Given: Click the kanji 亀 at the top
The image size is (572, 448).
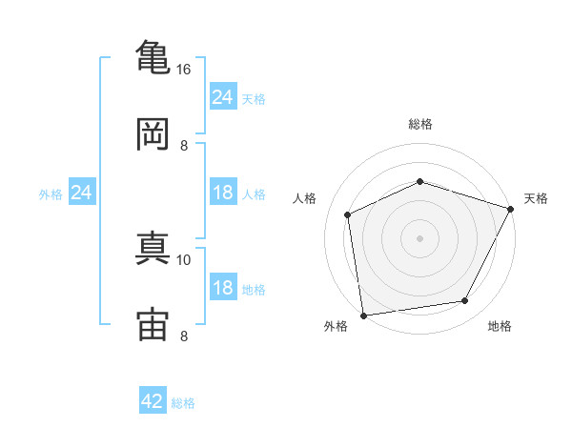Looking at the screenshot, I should (153, 57).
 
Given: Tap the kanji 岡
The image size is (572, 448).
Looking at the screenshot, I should (153, 133).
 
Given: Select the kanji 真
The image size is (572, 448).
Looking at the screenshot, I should (153, 247).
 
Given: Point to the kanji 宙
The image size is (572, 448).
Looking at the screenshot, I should (153, 324).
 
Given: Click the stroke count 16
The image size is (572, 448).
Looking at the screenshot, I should (184, 70).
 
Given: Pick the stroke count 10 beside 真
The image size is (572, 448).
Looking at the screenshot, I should (184, 259).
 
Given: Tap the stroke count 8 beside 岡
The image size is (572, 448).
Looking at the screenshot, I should (184, 146).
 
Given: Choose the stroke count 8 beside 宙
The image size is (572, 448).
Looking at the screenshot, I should (184, 336).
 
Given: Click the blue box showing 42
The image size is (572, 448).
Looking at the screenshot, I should (153, 401).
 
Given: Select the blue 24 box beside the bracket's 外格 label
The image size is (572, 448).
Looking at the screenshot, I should (82, 193).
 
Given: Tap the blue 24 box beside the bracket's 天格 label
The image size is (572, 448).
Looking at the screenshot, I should (222, 97).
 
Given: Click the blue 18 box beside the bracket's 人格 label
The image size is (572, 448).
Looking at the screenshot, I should (222, 193).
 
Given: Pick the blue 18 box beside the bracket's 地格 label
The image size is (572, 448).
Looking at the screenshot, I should (222, 288).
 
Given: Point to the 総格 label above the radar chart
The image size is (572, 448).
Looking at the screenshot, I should (419, 124).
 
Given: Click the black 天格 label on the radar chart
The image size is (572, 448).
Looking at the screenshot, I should (536, 198).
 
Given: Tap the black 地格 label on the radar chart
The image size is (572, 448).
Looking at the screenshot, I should (500, 327).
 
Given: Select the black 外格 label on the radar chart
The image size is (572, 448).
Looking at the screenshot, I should (336, 327).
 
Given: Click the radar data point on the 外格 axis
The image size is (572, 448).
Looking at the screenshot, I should (363, 315).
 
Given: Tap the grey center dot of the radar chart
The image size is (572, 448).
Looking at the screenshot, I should (419, 237).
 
